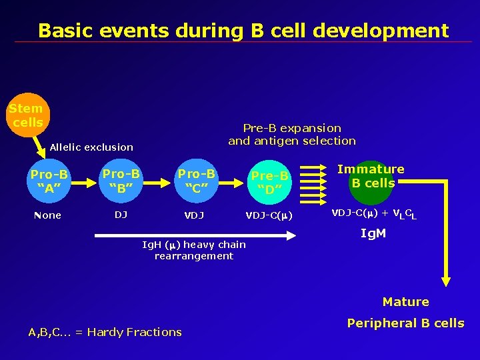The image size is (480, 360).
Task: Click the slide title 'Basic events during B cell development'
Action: pyautogui.click(x=243, y=31)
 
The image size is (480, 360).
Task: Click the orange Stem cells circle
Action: pyautogui.click(x=27, y=115)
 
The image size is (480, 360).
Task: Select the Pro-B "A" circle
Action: pyautogui.click(x=49, y=179)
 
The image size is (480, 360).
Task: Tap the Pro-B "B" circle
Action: pyautogui.click(x=121, y=179)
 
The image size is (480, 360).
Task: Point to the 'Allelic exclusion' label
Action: pyautogui.click(x=91, y=147)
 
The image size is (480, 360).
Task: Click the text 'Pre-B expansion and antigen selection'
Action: pyautogui.click(x=292, y=134)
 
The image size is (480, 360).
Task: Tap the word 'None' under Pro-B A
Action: pyautogui.click(x=47, y=215)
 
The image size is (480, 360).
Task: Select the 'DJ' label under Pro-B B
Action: pyautogui.click(x=121, y=215)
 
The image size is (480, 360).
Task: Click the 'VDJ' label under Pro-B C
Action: pyautogui.click(x=194, y=215)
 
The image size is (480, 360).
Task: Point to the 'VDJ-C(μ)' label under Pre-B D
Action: pyautogui.click(x=269, y=215)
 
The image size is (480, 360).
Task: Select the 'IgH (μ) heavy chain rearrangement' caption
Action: pyautogui.click(x=194, y=250)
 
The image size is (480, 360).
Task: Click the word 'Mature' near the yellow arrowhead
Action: pyautogui.click(x=405, y=302)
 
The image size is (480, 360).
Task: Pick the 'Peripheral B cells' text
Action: pyautogui.click(x=405, y=323)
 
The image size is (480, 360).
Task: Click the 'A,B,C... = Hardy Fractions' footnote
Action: pyautogui.click(x=105, y=332)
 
